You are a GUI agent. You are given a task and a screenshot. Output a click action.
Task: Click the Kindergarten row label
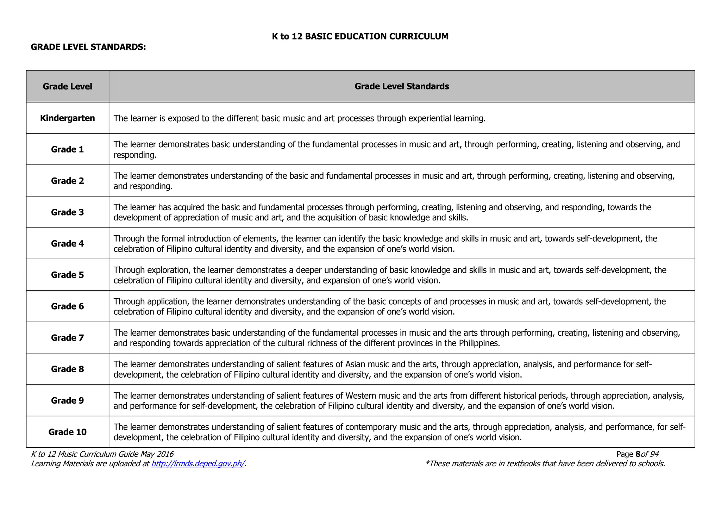pyautogui.click(x=67, y=118)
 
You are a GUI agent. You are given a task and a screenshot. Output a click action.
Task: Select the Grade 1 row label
pyautogui.click(x=67, y=149)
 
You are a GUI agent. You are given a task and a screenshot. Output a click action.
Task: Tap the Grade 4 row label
pyautogui.click(x=67, y=243)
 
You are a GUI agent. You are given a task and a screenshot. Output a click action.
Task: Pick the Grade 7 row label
pyautogui.click(x=67, y=338)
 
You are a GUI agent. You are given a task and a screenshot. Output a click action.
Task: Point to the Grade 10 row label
pyautogui.click(x=67, y=432)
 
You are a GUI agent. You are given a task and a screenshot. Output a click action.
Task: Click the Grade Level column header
pyautogui.click(x=67, y=86)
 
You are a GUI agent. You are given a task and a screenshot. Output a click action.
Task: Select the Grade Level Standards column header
pyautogui.click(x=402, y=86)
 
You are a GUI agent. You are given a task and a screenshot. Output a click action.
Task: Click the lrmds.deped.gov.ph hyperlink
pyautogui.click(x=198, y=464)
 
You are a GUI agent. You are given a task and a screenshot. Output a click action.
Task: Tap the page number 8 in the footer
pyautogui.click(x=638, y=454)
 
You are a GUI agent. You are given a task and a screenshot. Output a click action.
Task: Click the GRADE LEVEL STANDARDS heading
pyautogui.click(x=88, y=47)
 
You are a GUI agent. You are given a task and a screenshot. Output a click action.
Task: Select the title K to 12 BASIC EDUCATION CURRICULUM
pyautogui.click(x=360, y=36)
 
